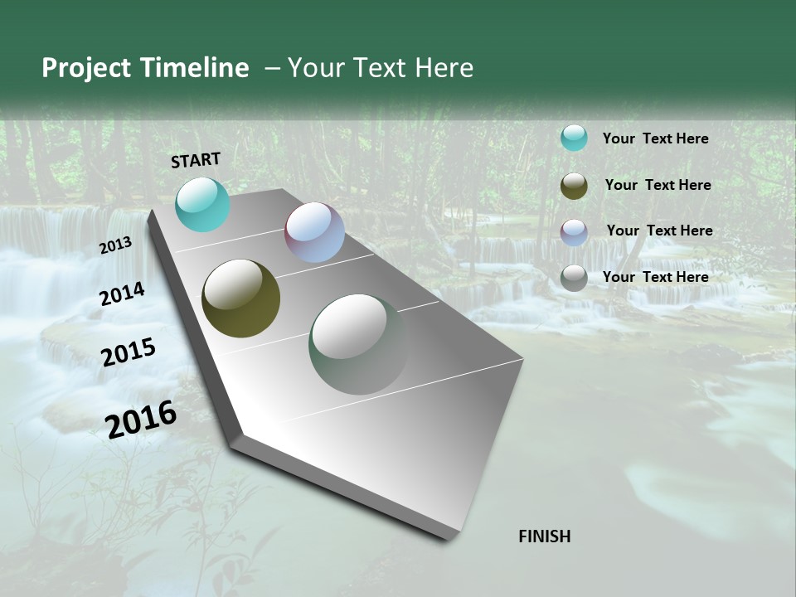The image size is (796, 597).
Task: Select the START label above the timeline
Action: tap(196, 160)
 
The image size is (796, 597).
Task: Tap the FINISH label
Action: tap(545, 536)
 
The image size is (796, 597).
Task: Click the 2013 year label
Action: tap(116, 245)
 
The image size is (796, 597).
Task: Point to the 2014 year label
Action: tap(123, 294)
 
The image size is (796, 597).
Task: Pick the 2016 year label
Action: tap(141, 419)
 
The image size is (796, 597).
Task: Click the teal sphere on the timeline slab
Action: tap(202, 204)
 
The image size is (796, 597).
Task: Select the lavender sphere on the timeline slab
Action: tap(314, 232)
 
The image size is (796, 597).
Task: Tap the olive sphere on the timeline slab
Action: tap(240, 298)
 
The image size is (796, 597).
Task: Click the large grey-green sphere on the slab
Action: tap(358, 344)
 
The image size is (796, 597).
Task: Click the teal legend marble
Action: tap(574, 138)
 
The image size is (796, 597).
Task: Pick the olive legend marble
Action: tap(574, 186)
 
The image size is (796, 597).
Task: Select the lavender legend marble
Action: tap(574, 231)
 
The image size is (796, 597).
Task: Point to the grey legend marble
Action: tap(574, 278)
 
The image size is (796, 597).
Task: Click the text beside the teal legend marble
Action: tap(655, 138)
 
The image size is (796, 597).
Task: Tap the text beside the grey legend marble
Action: tap(655, 277)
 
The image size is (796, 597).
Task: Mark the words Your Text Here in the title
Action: tap(381, 68)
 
